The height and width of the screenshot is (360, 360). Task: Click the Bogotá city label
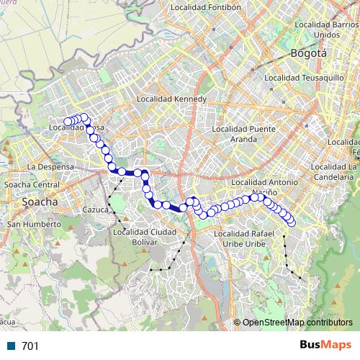(x=309, y=53)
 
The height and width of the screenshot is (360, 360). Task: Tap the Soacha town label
(x=40, y=202)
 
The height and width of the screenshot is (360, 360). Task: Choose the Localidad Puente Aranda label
(x=244, y=133)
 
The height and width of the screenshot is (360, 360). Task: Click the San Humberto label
(x=33, y=224)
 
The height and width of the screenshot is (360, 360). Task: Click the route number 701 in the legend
(x=30, y=346)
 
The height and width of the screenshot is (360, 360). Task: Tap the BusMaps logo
(x=325, y=346)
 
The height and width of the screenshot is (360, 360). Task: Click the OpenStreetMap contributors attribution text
(x=297, y=323)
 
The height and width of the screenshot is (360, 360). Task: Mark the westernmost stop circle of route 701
(x=68, y=122)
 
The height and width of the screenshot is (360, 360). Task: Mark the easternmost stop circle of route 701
(x=292, y=223)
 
